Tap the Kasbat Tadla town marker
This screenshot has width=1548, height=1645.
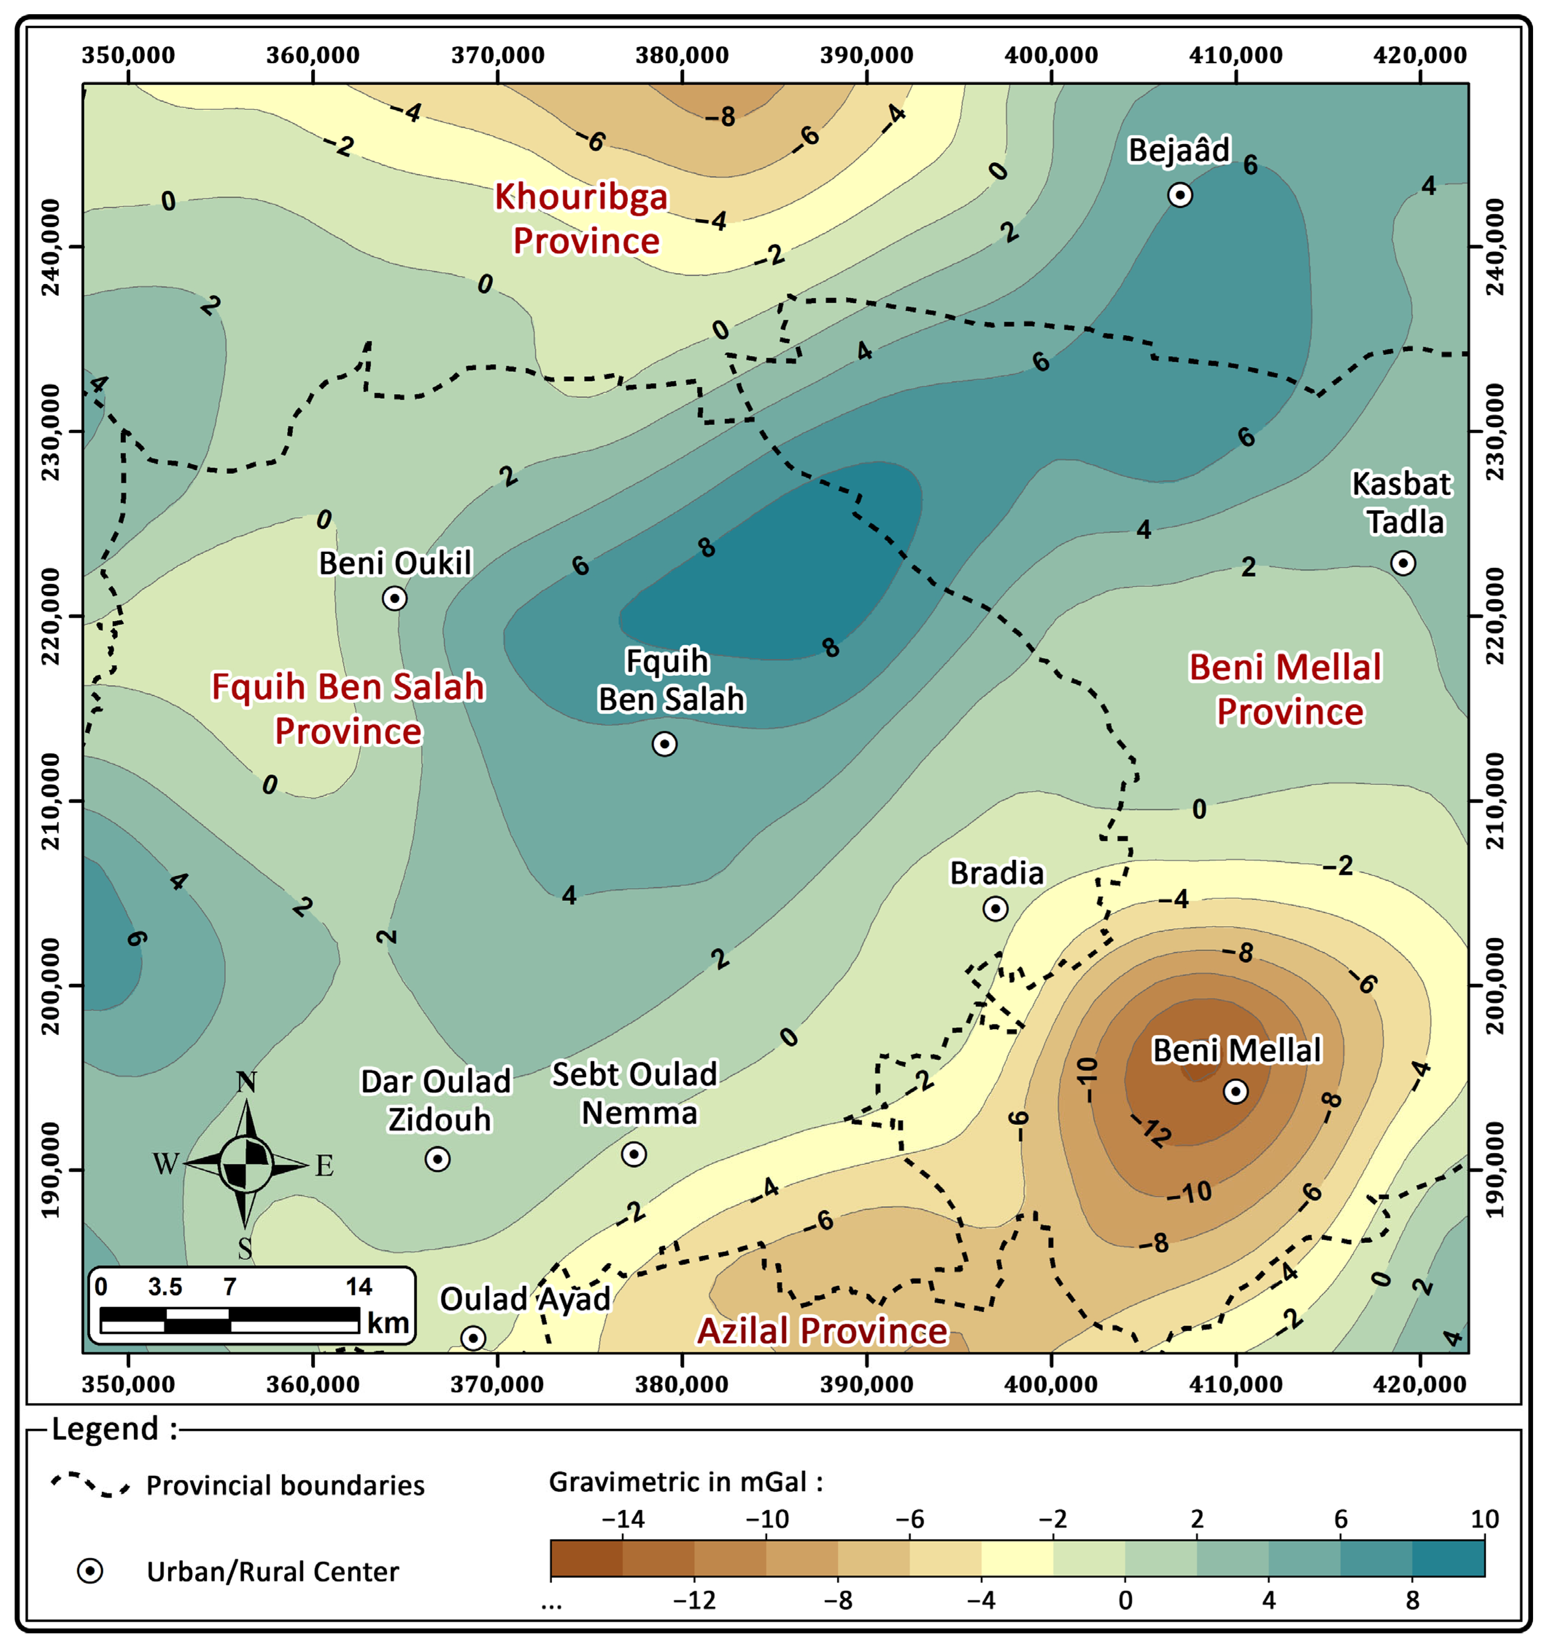1402,563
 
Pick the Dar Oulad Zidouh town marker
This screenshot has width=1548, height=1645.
438,1159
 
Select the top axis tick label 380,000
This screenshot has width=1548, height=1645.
682,55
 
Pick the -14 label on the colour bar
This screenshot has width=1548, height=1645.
623,1519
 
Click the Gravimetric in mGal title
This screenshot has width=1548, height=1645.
685,1481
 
